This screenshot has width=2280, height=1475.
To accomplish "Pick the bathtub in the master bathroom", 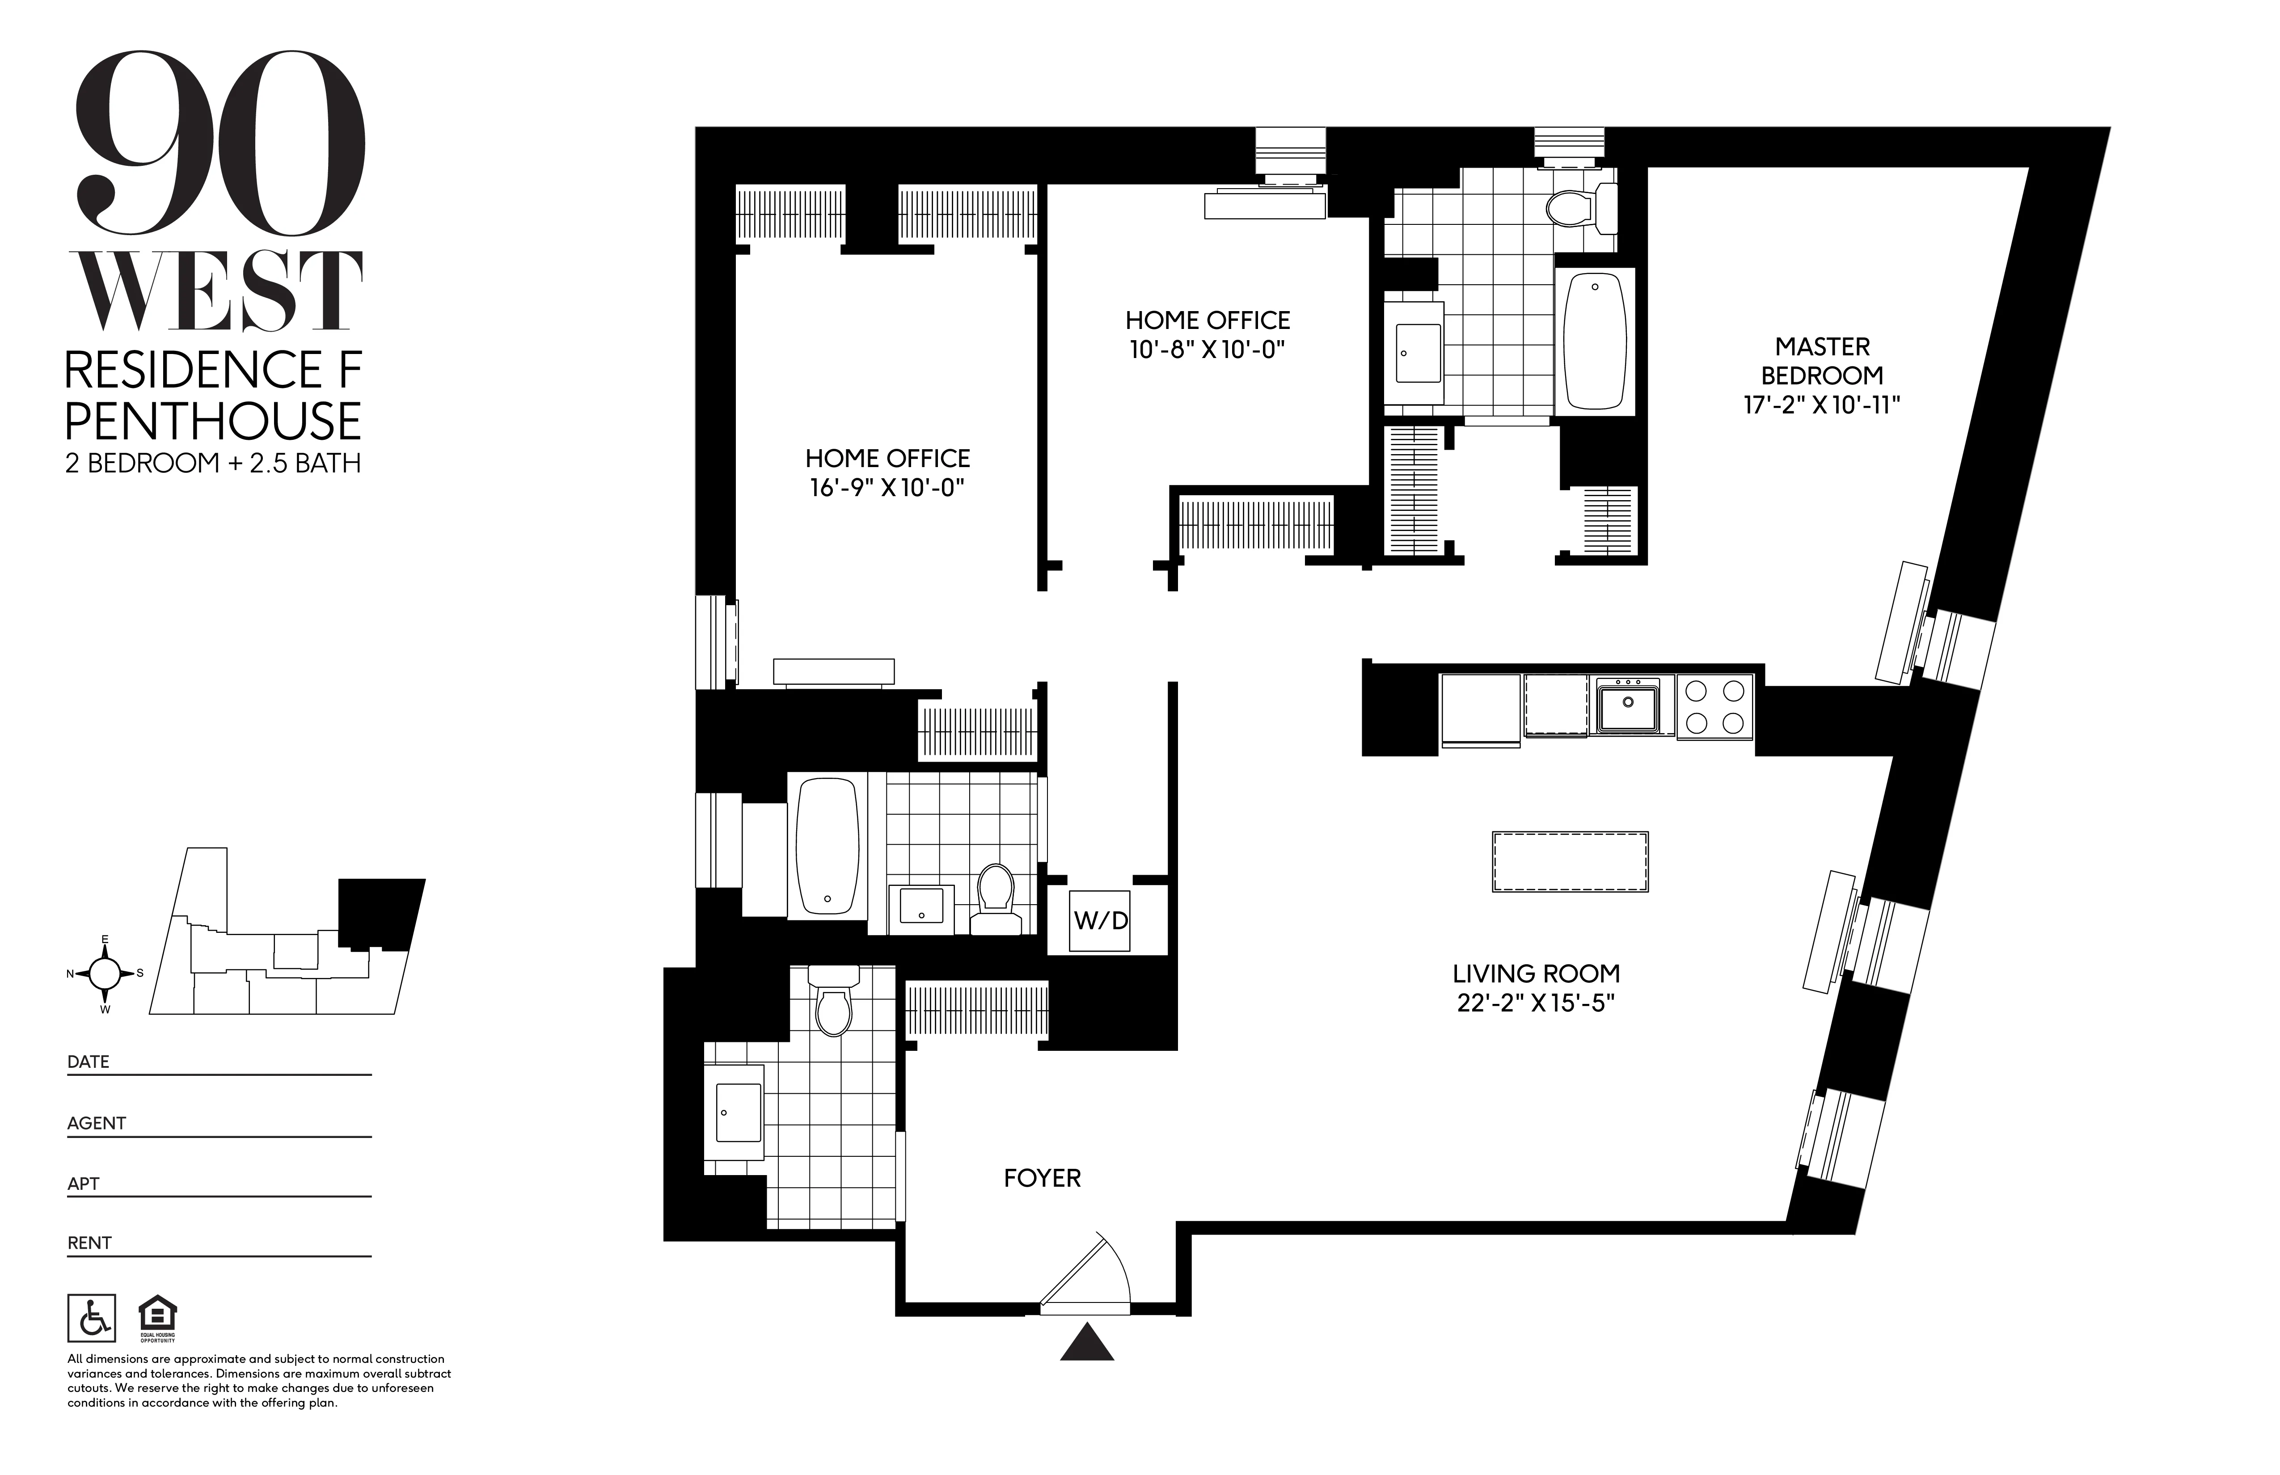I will point(1594,342).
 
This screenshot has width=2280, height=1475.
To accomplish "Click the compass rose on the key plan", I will point(106,973).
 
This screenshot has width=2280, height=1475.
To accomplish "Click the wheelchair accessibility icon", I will point(92,1319).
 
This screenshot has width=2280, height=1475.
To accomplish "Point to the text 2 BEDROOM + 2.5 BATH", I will point(213,463).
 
